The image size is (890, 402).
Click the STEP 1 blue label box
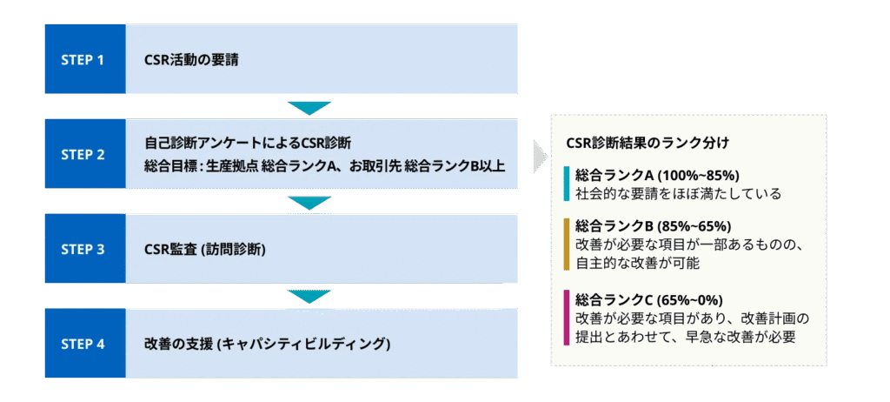click(x=84, y=60)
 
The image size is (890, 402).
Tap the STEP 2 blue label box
click(x=84, y=154)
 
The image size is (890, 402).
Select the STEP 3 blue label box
click(x=84, y=249)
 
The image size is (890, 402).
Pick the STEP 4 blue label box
click(x=84, y=343)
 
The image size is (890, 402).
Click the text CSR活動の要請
click(x=192, y=60)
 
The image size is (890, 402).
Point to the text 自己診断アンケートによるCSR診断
click(x=248, y=142)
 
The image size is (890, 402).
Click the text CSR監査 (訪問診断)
click(x=205, y=250)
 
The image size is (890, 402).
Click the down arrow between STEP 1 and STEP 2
click(x=309, y=108)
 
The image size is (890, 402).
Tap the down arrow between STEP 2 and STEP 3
click(x=309, y=203)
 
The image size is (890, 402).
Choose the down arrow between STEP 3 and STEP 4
click(x=309, y=297)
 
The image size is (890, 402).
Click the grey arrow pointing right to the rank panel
click(x=540, y=156)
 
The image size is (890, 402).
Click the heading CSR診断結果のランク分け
click(x=647, y=142)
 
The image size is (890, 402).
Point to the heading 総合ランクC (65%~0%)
click(x=649, y=298)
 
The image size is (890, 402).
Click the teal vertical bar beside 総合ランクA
click(x=566, y=183)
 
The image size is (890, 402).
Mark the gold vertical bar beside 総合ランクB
click(x=566, y=243)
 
